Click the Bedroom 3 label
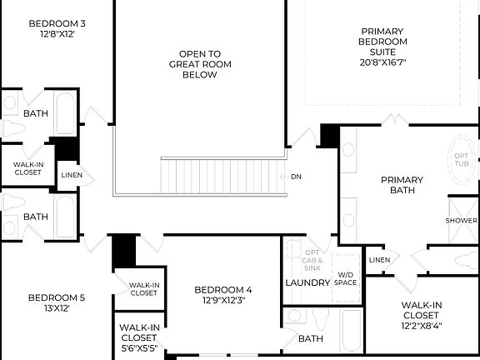point(57,22)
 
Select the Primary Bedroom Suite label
point(382,42)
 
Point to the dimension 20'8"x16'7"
point(382,62)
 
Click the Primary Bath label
point(402,185)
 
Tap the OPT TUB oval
point(462,162)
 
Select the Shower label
point(461,221)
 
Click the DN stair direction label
point(296,176)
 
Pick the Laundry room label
point(308,282)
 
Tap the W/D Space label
point(347,278)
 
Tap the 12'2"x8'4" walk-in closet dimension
point(421,326)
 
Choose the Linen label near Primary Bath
point(379,260)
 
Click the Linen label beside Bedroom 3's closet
point(70,175)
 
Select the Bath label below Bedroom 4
point(311,339)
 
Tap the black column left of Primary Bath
point(329,136)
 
